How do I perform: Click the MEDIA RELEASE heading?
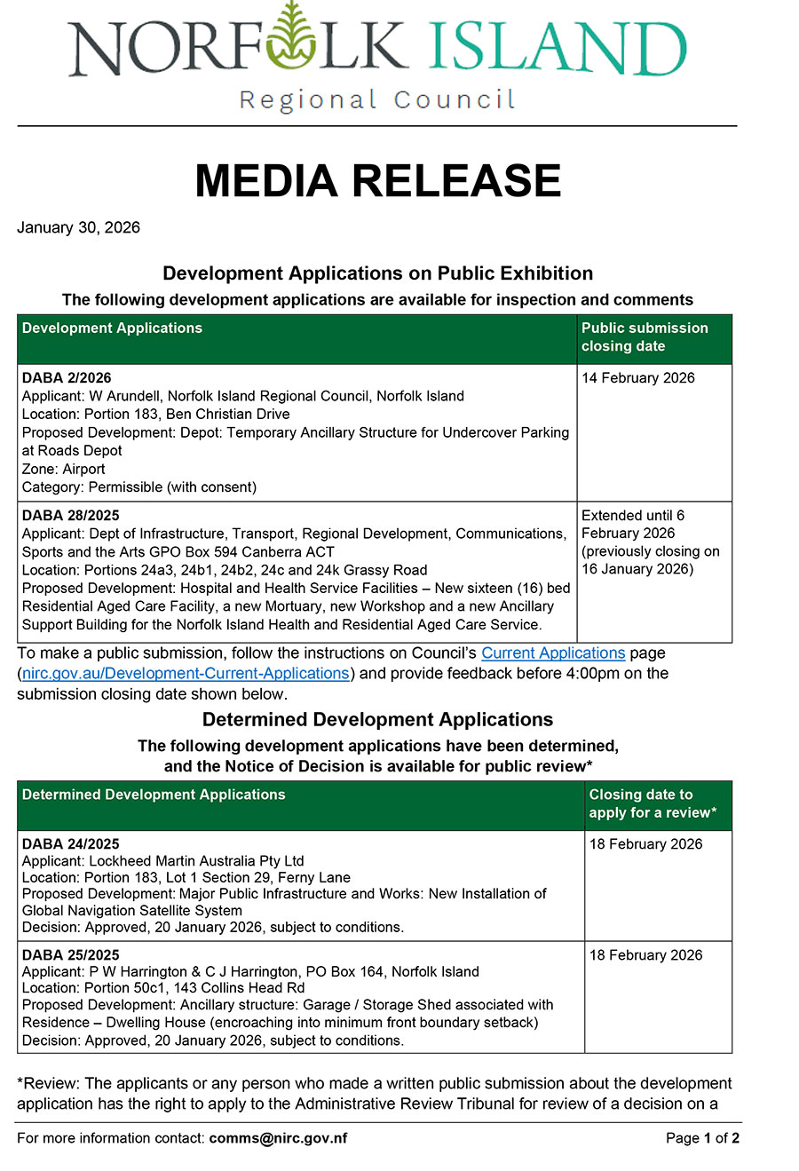click(x=378, y=181)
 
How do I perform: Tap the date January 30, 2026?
click(x=78, y=227)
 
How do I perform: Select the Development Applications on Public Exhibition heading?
click(x=377, y=273)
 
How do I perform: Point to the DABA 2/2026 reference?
click(x=67, y=378)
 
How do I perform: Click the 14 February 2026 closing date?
click(x=638, y=378)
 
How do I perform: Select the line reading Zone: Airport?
click(x=63, y=469)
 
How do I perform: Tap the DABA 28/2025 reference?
click(x=70, y=515)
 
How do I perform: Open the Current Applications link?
click(x=553, y=653)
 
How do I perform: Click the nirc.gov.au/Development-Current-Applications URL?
click(x=186, y=674)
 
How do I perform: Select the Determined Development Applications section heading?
click(x=377, y=720)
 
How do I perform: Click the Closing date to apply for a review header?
click(x=653, y=803)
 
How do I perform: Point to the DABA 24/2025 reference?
click(x=70, y=844)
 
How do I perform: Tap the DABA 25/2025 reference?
click(x=70, y=955)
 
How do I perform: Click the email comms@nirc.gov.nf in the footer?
click(x=278, y=1138)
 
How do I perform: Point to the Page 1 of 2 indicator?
click(x=702, y=1138)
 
